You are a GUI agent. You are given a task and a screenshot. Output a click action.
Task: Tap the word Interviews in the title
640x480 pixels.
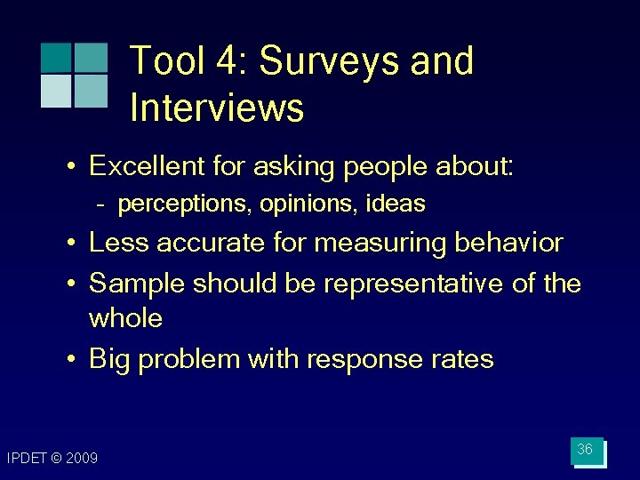tap(217, 108)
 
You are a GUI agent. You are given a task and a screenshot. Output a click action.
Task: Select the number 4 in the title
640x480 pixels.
tap(228, 61)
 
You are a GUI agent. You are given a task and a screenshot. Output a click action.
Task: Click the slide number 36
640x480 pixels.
tap(585, 450)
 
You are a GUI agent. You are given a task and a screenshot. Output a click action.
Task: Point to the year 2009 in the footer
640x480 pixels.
tap(82, 459)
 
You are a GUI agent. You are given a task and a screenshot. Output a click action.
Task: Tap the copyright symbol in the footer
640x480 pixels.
tap(56, 459)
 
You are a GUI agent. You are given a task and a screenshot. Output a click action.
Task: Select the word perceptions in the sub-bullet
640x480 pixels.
tap(185, 204)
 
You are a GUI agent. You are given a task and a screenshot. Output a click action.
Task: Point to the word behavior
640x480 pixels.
tap(510, 243)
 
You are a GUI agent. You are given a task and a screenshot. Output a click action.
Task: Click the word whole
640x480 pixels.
tap(126, 318)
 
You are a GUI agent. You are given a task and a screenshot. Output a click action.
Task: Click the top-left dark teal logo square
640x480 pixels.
tap(55, 58)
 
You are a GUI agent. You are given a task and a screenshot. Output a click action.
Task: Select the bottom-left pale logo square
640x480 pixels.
tap(55, 91)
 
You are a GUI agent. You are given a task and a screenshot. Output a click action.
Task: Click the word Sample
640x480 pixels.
tap(138, 284)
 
